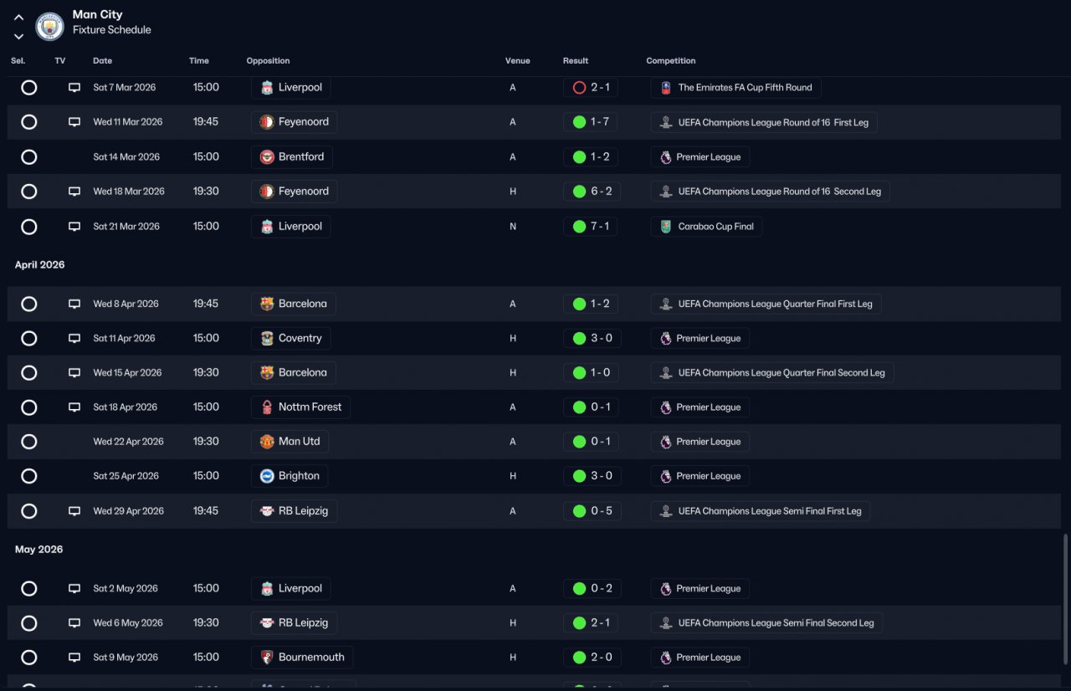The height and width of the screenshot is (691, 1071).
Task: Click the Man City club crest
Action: [x=49, y=26]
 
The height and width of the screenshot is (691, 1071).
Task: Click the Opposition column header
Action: [x=268, y=61]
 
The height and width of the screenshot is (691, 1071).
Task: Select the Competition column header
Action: [x=671, y=61]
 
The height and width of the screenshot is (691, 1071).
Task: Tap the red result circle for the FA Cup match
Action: [x=579, y=88]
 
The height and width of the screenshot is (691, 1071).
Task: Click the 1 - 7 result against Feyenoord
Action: [x=600, y=122]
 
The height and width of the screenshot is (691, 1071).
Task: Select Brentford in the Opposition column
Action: [x=300, y=156]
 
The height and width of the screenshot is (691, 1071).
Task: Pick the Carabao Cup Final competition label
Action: [x=715, y=227]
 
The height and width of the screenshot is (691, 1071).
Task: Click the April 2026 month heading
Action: [x=39, y=264]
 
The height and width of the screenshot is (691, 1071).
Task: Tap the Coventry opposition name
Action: [x=300, y=338]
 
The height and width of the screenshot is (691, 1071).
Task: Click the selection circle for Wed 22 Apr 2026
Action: [x=29, y=442]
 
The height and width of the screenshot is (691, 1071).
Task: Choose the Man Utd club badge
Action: [x=267, y=442]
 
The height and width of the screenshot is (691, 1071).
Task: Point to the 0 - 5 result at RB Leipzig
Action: [x=601, y=511]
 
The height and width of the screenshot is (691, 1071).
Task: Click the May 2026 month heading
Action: [x=38, y=550]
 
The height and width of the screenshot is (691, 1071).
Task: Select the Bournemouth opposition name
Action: [x=311, y=657]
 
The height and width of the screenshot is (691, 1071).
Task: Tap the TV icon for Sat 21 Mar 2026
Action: [x=74, y=227]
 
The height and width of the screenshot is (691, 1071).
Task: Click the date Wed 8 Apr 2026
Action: [x=126, y=304]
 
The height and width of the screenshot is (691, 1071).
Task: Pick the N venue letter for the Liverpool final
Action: [x=513, y=227]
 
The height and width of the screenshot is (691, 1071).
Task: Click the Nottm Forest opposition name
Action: [x=310, y=407]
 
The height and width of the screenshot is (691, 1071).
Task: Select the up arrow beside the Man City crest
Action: [x=18, y=18]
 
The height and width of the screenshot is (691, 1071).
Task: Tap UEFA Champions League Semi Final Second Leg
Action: [x=776, y=623]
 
